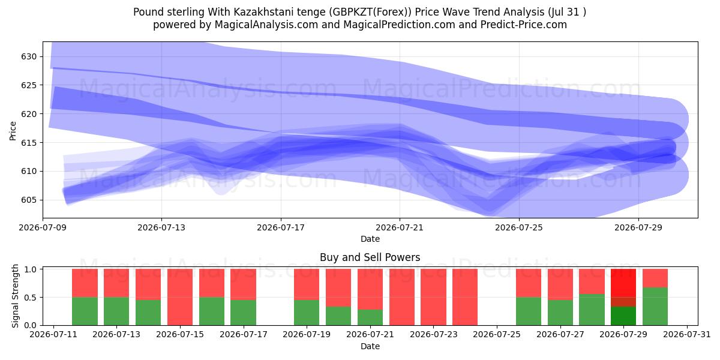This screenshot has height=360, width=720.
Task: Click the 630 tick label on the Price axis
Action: click(x=29, y=57)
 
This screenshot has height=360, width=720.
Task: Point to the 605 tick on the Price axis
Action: click(x=29, y=200)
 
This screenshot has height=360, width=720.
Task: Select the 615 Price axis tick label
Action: click(x=29, y=143)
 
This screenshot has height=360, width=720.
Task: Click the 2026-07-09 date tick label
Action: click(x=43, y=227)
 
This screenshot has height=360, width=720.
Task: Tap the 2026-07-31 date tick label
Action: click(x=687, y=335)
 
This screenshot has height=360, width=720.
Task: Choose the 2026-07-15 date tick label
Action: click(x=180, y=335)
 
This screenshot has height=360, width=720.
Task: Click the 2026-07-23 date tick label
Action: click(x=434, y=335)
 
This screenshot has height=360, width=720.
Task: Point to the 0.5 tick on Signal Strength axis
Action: click(x=31, y=298)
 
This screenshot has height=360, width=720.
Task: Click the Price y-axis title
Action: click(x=13, y=131)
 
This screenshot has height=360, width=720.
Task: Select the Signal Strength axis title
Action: click(x=15, y=296)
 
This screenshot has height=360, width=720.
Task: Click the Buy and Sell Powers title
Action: click(x=370, y=257)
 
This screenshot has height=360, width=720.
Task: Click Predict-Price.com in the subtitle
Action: click(x=524, y=25)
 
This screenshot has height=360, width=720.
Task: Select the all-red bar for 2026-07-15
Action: click(x=180, y=297)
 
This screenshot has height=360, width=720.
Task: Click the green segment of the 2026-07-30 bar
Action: click(x=655, y=307)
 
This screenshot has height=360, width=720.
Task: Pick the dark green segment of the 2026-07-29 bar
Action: click(x=623, y=316)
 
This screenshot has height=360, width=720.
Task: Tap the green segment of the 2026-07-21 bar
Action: click(x=370, y=317)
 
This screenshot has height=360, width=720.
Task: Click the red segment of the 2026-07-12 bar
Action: click(x=85, y=283)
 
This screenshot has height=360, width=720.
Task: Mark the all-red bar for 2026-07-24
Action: click(x=465, y=297)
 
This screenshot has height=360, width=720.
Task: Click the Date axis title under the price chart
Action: click(x=370, y=239)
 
